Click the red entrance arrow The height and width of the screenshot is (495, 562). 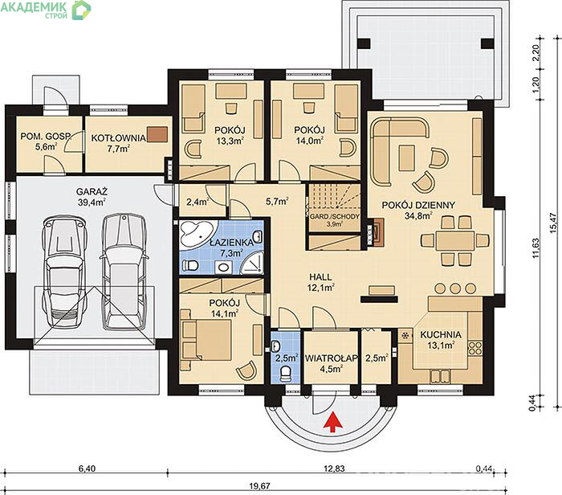tap(333, 422)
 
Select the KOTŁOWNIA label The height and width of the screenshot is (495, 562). tap(118, 138)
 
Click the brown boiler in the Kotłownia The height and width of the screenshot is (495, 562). tap(157, 134)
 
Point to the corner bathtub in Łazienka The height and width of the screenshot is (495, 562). tap(197, 234)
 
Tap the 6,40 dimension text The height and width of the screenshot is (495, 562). tap(87, 468)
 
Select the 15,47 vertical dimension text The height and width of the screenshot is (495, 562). tap(554, 223)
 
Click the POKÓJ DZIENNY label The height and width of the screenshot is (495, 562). tap(418, 205)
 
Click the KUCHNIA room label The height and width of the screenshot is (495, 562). tap(441, 334)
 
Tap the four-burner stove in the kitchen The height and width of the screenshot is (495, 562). tap(475, 347)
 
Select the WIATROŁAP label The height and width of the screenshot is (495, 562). tap(331, 358)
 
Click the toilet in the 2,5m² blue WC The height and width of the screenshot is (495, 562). tap(286, 374)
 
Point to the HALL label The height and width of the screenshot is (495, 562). tap(320, 277)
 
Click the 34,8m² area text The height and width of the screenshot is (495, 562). tap(418, 215)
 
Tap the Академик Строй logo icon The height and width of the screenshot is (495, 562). tap(81, 10)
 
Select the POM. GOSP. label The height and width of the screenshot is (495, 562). tap(46, 137)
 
